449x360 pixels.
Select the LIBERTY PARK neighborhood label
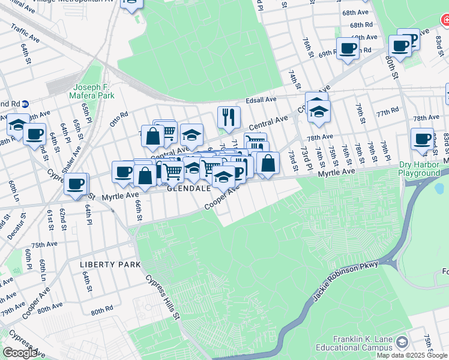[110, 264]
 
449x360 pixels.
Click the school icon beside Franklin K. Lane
[402, 343]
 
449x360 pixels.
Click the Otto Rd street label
[119, 115]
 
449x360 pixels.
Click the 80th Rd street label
[102, 311]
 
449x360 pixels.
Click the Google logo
[19, 353]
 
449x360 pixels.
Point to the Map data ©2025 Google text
[411, 355]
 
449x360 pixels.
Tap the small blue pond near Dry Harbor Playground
[439, 189]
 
